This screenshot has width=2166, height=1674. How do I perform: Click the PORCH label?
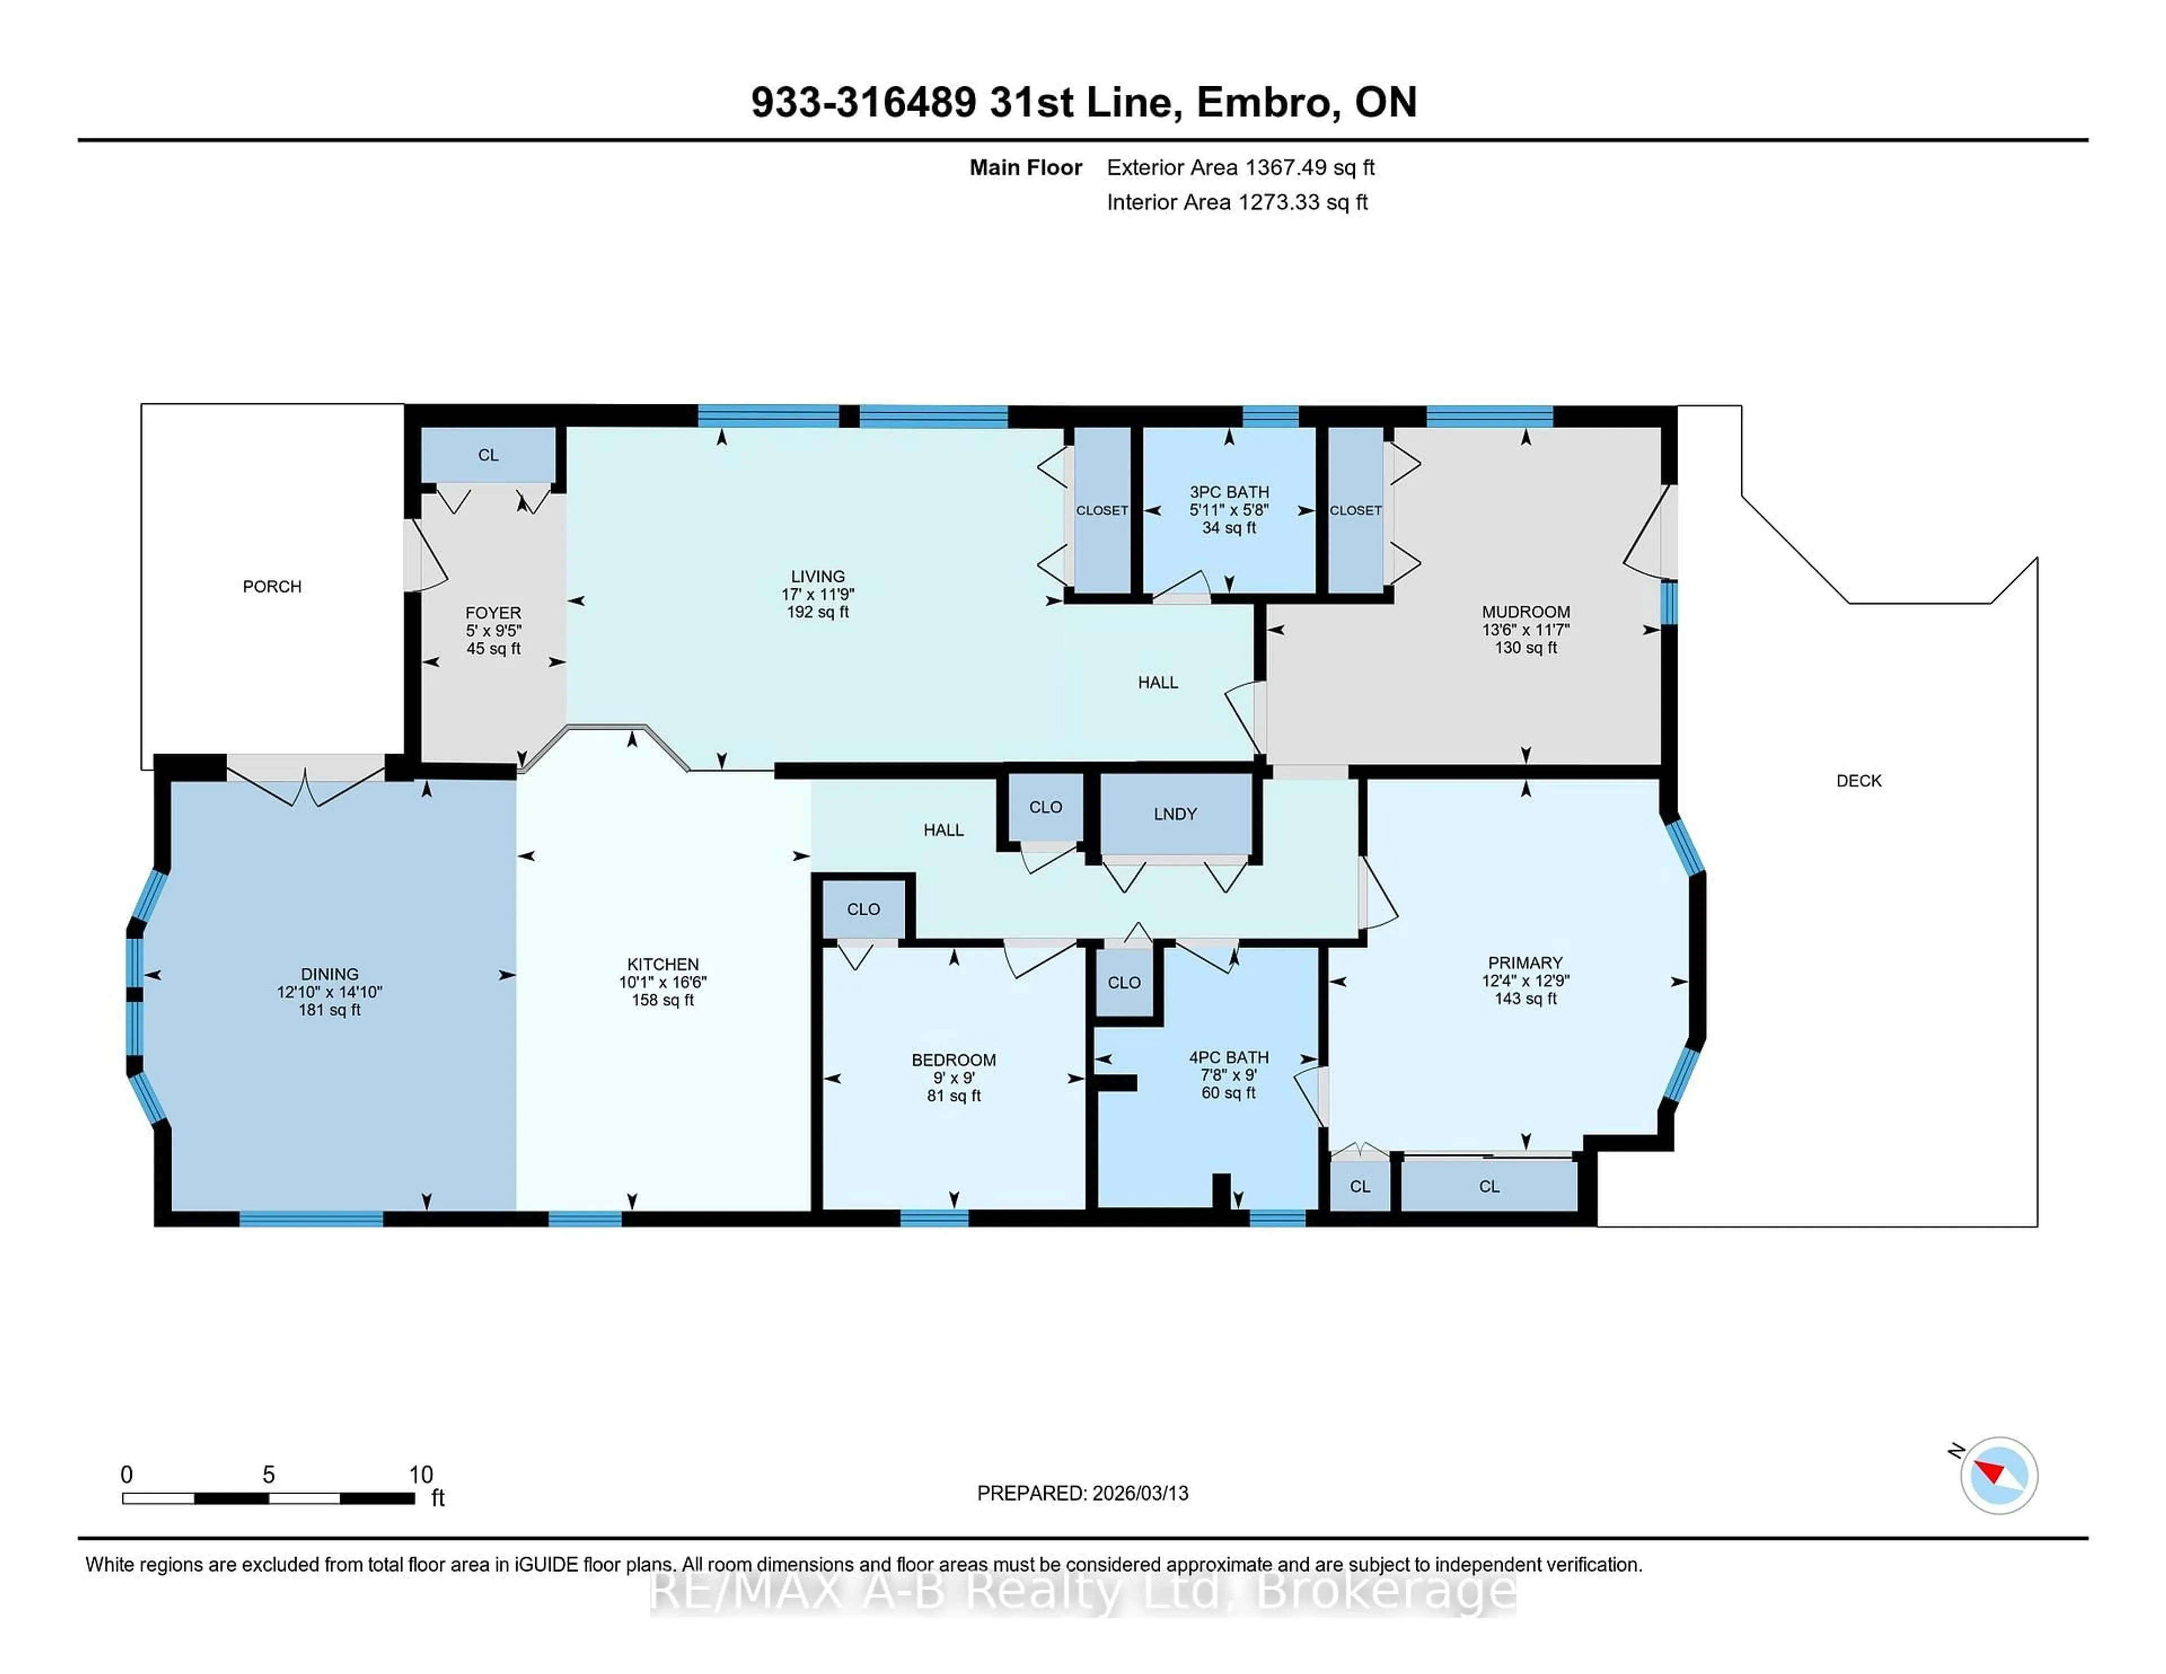(x=272, y=586)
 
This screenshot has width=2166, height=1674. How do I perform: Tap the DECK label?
(x=1859, y=781)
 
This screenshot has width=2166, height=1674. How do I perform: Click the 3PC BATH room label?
(x=1229, y=492)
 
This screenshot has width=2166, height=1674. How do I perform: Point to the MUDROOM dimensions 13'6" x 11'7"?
(x=1525, y=630)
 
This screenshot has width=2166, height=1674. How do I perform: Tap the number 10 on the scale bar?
(x=420, y=1475)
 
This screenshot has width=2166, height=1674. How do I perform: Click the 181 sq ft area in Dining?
(x=329, y=1010)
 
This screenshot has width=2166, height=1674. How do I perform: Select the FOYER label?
(x=493, y=613)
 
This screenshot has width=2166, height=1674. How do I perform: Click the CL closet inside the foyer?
(x=488, y=455)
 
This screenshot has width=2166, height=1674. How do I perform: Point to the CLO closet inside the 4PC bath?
(x=1124, y=983)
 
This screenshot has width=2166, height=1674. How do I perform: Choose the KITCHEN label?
(x=663, y=964)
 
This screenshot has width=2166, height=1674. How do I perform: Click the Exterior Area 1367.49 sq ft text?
(x=1241, y=168)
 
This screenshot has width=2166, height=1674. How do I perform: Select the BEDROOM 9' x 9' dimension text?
(x=954, y=1078)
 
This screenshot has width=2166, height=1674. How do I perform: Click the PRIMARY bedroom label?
(x=1524, y=963)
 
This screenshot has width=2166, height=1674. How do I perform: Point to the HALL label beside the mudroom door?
(x=1157, y=682)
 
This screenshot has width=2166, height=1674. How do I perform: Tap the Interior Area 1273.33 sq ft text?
(x=1237, y=202)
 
